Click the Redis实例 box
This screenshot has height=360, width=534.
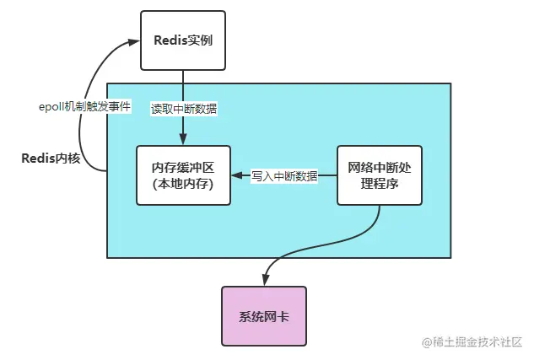[x=182, y=40]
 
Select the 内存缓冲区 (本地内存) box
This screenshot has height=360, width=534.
[x=184, y=175]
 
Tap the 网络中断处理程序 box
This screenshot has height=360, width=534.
[x=379, y=175]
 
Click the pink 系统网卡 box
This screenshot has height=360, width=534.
[x=264, y=316]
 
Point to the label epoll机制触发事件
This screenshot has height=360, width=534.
[x=84, y=108]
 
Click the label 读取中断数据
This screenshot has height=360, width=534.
[x=183, y=108]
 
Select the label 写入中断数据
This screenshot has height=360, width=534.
[x=284, y=176]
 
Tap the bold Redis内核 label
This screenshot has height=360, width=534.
[x=50, y=158]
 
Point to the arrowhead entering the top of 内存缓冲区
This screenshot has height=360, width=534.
[x=183, y=141]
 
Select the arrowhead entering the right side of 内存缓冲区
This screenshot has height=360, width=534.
[x=237, y=176]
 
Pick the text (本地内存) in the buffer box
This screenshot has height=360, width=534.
[x=184, y=185]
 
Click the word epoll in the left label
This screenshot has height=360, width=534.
[x=54, y=108]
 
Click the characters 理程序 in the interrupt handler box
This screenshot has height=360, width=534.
[x=379, y=185]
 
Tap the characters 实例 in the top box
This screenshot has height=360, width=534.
[x=199, y=40]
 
